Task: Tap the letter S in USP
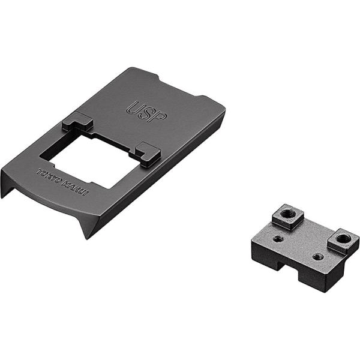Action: pos(146,113)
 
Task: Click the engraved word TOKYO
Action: pos(50,176)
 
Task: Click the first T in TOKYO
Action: pos(40,171)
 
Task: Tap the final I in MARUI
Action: pos(86,194)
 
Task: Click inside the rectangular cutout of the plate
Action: pos(92,161)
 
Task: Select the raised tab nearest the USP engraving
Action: pos(77,122)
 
